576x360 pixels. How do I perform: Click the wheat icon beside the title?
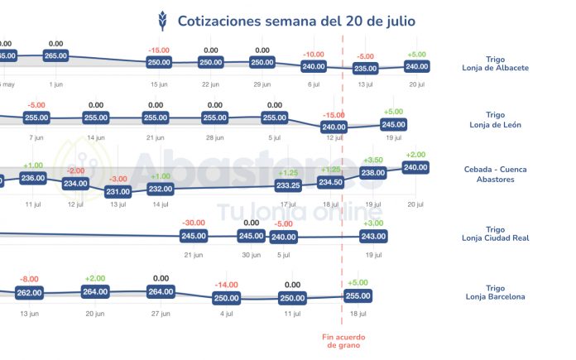[162, 20]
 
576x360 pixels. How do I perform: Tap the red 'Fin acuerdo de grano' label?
[343, 340]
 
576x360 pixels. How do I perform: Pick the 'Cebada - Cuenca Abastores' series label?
[496, 174]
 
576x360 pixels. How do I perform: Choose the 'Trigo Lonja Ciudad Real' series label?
[496, 234]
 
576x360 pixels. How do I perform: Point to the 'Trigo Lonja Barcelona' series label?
[496, 292]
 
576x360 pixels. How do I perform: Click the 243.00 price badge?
[373, 237]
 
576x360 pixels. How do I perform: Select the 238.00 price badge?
[373, 173]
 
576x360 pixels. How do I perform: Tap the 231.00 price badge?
[118, 191]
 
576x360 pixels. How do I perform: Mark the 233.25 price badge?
[288, 185]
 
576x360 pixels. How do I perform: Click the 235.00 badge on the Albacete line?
[365, 69]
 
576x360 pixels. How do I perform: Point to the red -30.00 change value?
[194, 223]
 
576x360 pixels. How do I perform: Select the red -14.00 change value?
[226, 285]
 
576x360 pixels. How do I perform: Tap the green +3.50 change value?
[373, 160]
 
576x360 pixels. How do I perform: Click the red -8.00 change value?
[30, 279]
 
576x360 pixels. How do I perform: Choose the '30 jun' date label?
[250, 255]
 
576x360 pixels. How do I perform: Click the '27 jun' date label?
[161, 314]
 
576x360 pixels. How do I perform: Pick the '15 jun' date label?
[159, 84]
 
